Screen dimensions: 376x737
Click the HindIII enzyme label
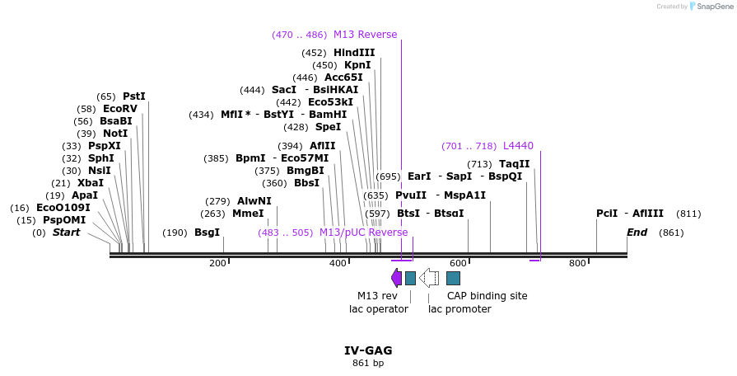(x=354, y=53)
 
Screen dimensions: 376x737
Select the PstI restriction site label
(x=134, y=96)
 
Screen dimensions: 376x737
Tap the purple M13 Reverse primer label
(x=365, y=35)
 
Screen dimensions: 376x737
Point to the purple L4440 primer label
(x=518, y=146)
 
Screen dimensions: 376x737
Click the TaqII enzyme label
(x=515, y=164)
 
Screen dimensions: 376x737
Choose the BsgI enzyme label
(x=208, y=233)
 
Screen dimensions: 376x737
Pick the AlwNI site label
(x=254, y=201)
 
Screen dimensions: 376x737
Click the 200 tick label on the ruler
(x=217, y=264)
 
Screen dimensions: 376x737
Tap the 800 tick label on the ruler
(x=577, y=264)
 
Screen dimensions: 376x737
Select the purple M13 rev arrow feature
(x=396, y=278)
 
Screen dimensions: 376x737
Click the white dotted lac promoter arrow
(x=428, y=278)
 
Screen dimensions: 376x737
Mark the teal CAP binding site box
(x=453, y=278)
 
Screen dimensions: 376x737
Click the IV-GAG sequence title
(x=368, y=350)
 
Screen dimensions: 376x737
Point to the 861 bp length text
(x=368, y=363)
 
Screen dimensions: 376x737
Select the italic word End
(x=637, y=233)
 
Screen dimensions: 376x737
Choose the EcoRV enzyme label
(x=120, y=109)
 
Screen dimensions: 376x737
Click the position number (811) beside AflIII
(x=688, y=214)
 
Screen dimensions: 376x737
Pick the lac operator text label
(x=379, y=309)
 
